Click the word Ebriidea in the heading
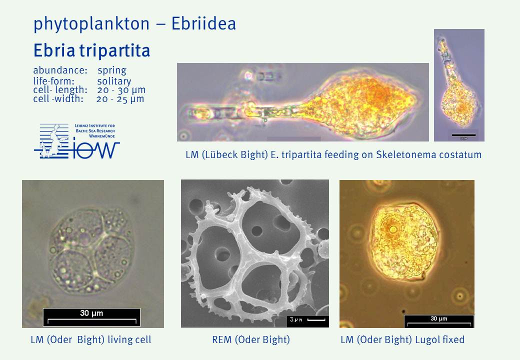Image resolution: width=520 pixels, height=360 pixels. point(203,23)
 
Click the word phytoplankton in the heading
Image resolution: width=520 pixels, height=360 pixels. point(91,24)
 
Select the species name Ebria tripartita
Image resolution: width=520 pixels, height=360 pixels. point(92,50)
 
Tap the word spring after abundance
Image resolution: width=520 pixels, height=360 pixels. point(112,70)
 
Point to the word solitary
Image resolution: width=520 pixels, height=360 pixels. point(114,81)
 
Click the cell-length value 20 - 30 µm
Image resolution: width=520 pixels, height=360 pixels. point(121,90)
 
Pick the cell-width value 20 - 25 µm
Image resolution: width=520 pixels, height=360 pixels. point(120,99)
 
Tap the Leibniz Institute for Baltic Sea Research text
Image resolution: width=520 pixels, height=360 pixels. point(95,130)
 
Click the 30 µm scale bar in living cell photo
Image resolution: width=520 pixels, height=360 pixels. point(92,317)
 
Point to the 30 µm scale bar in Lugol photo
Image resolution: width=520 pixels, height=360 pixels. point(439,321)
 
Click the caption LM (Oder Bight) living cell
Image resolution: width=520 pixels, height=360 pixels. point(91,340)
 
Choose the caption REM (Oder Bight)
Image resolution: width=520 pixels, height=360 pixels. point(251,340)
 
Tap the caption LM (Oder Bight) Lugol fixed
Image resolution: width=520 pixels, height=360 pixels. point(402,340)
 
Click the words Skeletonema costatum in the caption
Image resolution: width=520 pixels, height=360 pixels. point(429,154)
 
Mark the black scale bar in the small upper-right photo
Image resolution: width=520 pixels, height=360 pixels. point(463,135)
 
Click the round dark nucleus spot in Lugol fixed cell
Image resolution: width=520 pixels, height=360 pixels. point(393,228)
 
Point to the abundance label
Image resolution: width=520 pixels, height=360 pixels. point(60,70)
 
